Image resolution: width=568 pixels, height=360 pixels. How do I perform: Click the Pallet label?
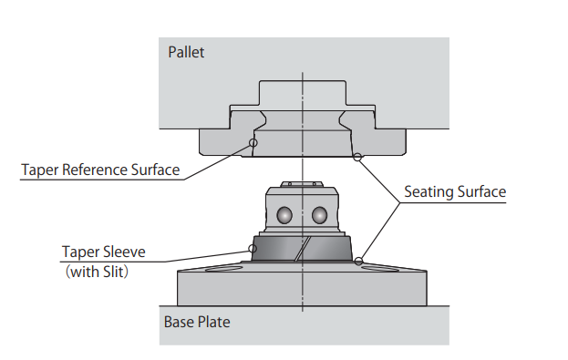click(x=186, y=53)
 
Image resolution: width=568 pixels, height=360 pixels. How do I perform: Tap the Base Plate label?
click(x=197, y=322)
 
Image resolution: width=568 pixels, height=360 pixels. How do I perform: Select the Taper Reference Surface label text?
click(x=100, y=170)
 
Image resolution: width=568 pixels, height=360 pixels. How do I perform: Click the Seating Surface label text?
click(x=455, y=192)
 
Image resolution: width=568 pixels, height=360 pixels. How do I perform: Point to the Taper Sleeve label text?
click(x=104, y=252)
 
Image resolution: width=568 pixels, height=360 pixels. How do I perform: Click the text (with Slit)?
click(x=97, y=272)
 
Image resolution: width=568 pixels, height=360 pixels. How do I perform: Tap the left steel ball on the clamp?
click(x=284, y=215)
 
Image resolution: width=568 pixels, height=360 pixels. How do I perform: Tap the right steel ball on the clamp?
click(x=319, y=215)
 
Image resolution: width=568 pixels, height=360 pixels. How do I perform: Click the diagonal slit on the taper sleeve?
click(x=303, y=249)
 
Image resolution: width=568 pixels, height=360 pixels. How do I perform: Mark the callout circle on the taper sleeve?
click(x=253, y=249)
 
